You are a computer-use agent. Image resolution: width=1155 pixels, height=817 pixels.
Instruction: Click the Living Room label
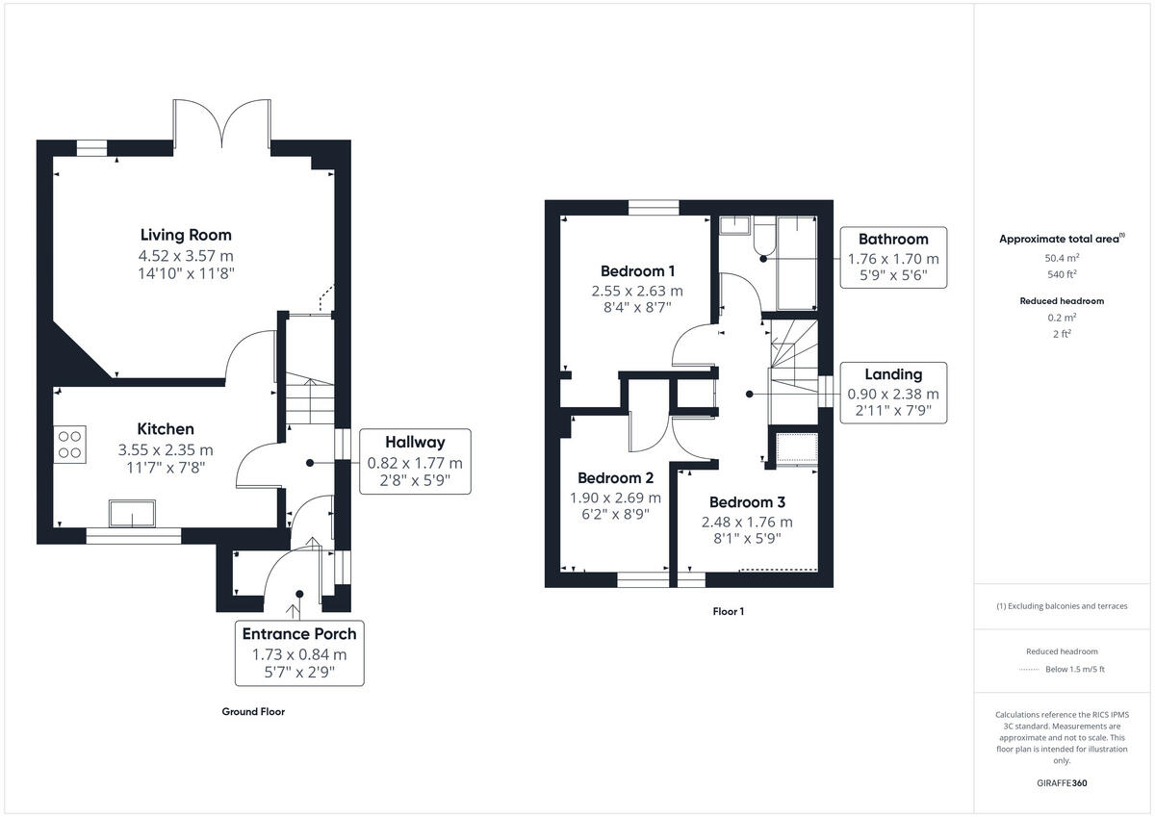tap(186, 235)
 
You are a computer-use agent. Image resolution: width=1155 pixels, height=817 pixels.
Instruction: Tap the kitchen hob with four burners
tap(70, 444)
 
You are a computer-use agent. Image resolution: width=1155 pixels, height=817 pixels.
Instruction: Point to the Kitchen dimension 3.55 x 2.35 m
tap(166, 449)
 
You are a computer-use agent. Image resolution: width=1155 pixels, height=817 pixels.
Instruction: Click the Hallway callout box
tap(415, 461)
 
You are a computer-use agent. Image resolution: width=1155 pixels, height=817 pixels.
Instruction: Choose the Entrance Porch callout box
tap(299, 652)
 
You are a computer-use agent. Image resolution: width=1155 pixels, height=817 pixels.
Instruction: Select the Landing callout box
tap(892, 393)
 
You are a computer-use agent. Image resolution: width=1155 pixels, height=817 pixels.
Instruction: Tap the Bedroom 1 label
tap(637, 270)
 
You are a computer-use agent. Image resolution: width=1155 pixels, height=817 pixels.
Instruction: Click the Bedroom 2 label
tap(615, 478)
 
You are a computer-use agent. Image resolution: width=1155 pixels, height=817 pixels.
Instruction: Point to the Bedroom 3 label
tap(747, 502)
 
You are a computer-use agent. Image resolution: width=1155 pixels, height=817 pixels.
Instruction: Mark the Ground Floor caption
tap(253, 712)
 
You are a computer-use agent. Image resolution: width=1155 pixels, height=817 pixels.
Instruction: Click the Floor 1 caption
tap(729, 611)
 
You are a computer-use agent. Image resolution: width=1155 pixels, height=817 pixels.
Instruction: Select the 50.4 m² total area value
tap(1062, 258)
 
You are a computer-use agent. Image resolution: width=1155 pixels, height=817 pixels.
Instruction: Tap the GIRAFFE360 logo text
tap(1062, 783)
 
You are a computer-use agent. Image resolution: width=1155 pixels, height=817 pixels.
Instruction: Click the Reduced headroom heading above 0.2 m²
tap(1062, 301)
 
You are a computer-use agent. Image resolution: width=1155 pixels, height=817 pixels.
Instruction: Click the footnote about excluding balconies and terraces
tap(1062, 606)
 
